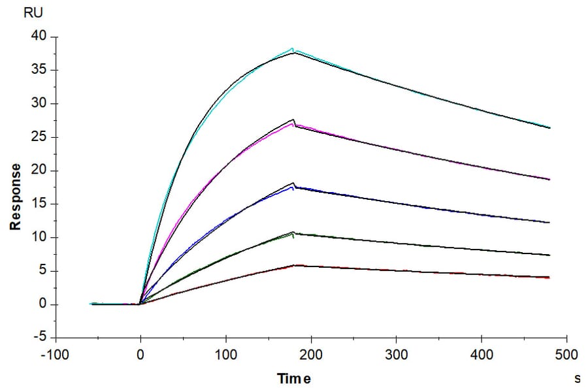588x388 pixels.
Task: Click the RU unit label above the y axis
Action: pos(32,12)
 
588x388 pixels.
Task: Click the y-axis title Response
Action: pos(15,197)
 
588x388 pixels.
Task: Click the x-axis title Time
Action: pos(294,378)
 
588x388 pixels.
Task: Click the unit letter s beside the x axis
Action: pos(577,378)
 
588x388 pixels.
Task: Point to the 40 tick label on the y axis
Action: pos(39,37)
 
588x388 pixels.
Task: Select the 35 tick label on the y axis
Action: pos(39,70)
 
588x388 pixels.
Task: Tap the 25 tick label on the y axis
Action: pos(39,137)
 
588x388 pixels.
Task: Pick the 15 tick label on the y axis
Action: pos(39,204)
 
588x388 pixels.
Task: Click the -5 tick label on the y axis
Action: pos(41,338)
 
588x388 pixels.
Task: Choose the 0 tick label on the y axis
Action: pos(43,304)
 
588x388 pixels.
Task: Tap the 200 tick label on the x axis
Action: pos(311,355)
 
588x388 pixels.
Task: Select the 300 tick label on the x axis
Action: pos(396,355)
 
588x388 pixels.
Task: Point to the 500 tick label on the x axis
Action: pos(566,355)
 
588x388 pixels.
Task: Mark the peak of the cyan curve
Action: pos(293,48)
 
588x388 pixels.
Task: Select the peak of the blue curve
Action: pos(294,187)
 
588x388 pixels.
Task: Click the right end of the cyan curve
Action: pos(549,127)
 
